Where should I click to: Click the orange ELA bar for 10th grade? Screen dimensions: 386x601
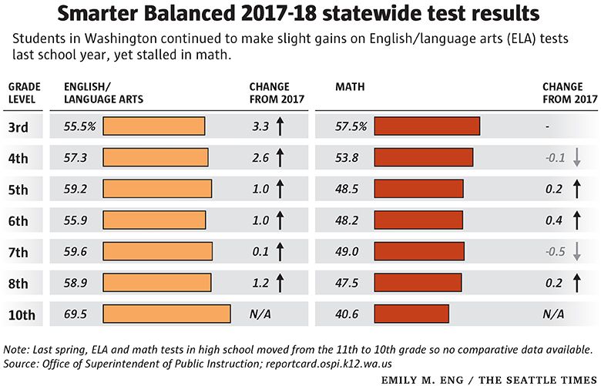click(x=166, y=314)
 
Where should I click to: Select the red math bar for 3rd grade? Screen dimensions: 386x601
click(x=427, y=126)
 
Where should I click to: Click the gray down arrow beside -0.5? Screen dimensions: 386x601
click(x=576, y=251)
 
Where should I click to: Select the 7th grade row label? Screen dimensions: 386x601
click(x=18, y=252)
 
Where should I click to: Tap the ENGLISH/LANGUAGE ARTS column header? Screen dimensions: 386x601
click(x=102, y=93)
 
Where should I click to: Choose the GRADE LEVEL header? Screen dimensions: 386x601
click(x=24, y=93)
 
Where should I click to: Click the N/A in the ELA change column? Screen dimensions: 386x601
click(x=260, y=314)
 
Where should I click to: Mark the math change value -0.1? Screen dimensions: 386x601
click(x=555, y=157)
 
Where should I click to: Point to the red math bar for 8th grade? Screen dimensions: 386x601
click(x=418, y=283)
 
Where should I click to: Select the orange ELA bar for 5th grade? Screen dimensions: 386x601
click(x=157, y=189)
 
